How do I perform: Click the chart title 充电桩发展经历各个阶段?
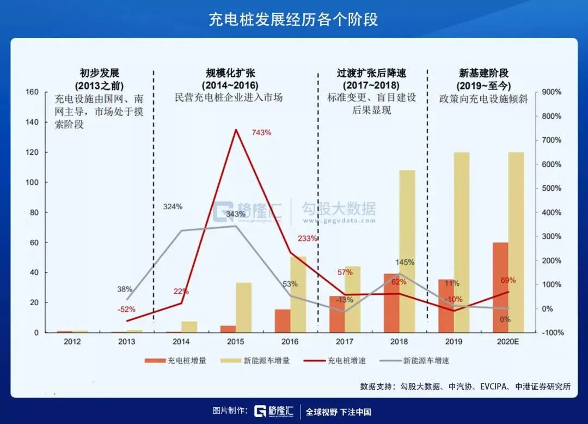(293, 20)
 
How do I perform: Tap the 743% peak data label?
(261, 132)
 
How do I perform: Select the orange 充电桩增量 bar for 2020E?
(500, 287)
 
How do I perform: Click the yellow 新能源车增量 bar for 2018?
(407, 251)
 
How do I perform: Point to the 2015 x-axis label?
(236, 342)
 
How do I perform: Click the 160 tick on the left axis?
(32, 92)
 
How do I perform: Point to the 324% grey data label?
(173, 207)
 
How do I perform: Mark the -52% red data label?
(126, 309)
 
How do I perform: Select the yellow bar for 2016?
(298, 294)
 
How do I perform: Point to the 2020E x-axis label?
(508, 342)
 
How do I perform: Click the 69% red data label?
(508, 280)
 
